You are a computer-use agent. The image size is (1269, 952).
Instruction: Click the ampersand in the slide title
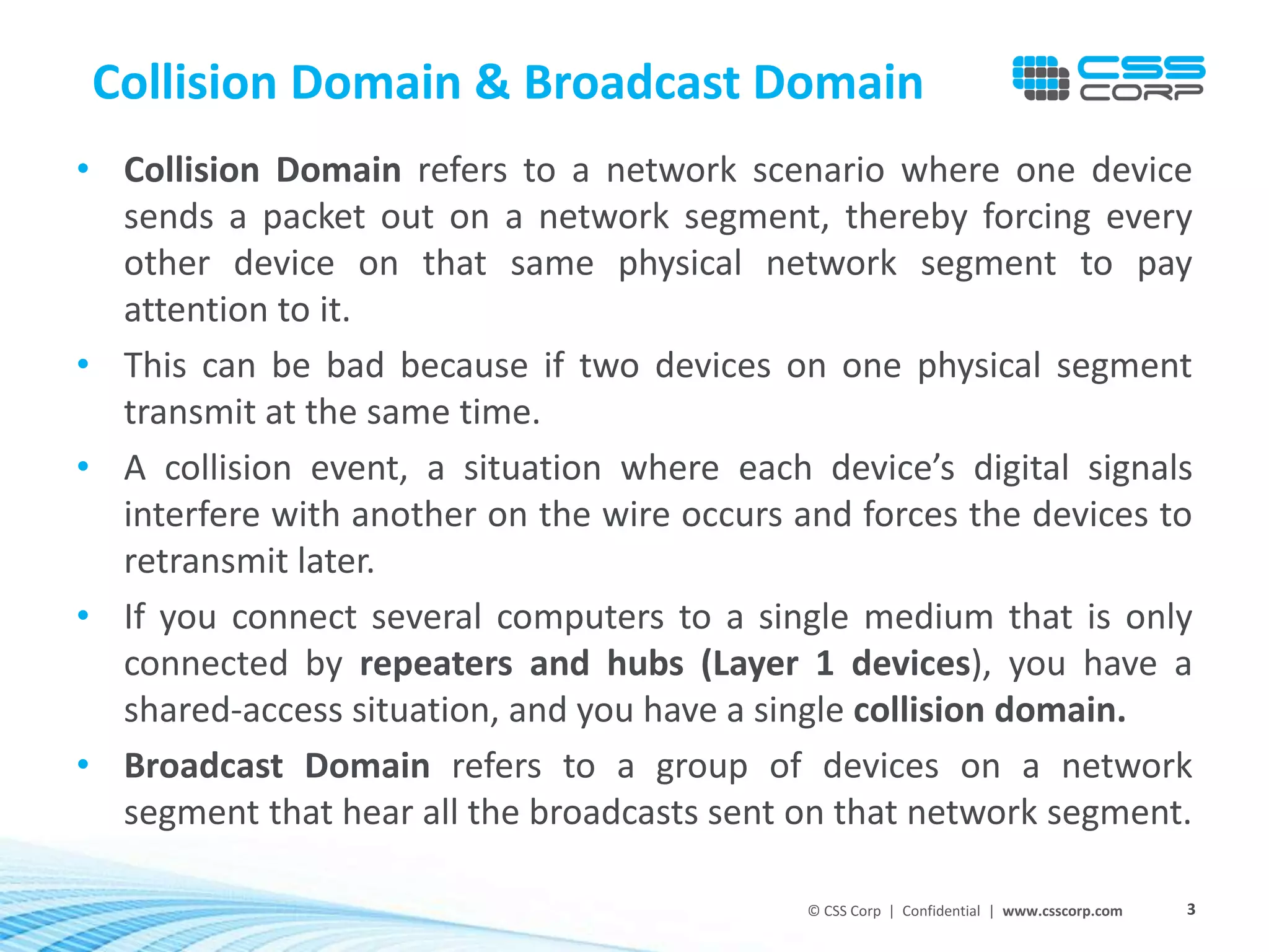(493, 82)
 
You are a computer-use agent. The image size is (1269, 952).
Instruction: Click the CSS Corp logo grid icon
(1040, 78)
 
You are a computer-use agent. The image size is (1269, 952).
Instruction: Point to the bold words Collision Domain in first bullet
(262, 170)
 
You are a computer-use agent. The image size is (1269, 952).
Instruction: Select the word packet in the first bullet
(314, 217)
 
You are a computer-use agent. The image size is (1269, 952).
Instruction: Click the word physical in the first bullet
(680, 263)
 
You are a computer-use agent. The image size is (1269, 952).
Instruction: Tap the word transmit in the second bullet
(190, 412)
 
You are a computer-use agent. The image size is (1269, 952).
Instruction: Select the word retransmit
(206, 561)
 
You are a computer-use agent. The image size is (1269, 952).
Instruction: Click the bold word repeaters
(436, 663)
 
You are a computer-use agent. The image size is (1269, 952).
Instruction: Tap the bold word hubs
(645, 663)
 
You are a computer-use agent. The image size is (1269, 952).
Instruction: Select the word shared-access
(233, 710)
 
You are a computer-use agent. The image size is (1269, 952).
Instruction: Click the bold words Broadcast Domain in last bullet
(277, 765)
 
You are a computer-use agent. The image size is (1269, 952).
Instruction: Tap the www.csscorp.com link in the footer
(1062, 910)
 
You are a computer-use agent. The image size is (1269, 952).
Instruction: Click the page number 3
(1191, 909)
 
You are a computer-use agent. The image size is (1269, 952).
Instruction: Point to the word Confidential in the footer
(941, 910)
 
